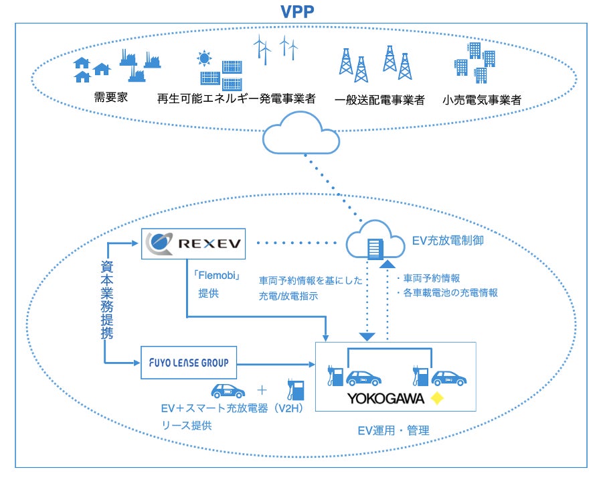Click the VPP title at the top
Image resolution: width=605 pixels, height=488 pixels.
click(301, 12)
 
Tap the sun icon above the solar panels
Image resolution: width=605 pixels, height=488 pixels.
click(203, 59)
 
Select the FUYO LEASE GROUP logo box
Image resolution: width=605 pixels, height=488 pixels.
click(188, 363)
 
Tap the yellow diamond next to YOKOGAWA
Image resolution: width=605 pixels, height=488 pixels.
click(438, 400)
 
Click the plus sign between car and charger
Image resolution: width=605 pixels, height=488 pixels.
click(262, 389)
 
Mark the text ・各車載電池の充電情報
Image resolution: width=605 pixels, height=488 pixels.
click(447, 292)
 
